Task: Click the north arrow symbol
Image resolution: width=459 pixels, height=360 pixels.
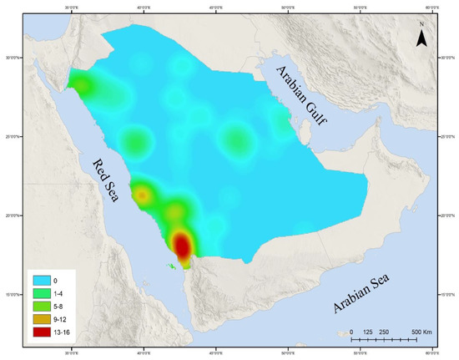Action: click(422, 35)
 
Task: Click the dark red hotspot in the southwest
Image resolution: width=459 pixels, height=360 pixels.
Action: click(182, 245)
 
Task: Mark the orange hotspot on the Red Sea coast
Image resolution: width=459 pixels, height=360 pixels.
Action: click(143, 195)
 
